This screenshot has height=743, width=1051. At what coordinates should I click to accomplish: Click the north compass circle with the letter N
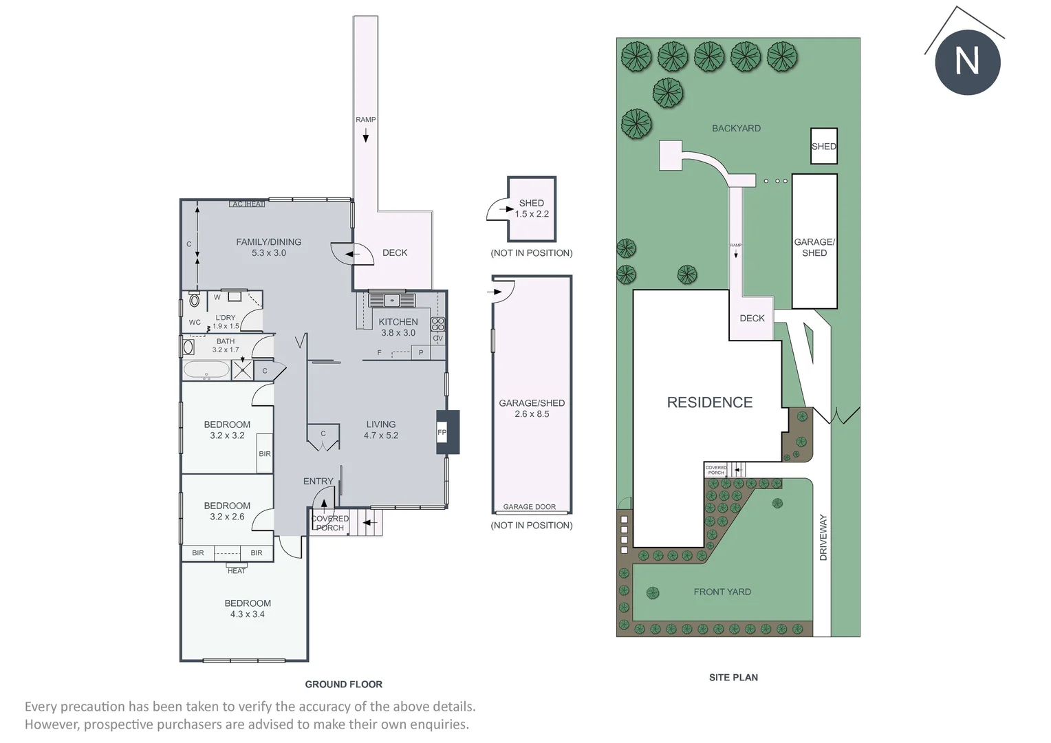coord(968,62)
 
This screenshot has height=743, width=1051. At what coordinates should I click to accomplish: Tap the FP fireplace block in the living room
coord(447,432)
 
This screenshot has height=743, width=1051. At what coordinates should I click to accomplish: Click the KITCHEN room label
coord(398,322)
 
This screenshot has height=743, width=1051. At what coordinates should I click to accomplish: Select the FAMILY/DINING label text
coord(268,242)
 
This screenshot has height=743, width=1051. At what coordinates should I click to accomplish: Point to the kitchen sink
coord(392,299)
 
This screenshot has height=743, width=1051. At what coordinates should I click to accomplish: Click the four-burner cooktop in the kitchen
coord(437,324)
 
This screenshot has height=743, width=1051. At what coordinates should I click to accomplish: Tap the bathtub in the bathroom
coord(206,370)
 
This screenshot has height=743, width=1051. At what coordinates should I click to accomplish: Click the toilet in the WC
coord(194,299)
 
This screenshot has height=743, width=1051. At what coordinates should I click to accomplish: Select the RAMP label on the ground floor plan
coord(365,120)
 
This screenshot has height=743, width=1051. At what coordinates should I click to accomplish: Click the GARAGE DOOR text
coord(529,506)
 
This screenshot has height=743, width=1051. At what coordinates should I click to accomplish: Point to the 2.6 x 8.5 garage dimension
coord(532,414)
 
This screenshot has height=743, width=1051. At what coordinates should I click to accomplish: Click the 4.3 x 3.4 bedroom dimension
coord(247,614)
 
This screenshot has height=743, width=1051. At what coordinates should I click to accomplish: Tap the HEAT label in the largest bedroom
coord(237,571)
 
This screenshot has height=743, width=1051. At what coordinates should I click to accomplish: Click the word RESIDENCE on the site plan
coord(709,402)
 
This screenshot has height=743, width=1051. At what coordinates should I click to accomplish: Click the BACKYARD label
coord(736,128)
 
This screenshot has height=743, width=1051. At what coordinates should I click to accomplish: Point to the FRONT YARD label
coord(722,592)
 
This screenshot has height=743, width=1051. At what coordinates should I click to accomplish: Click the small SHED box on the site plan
coord(824,146)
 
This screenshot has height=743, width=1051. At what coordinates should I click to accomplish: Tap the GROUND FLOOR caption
coord(343,685)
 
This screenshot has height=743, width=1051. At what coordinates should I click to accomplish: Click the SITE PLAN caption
coord(733,677)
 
